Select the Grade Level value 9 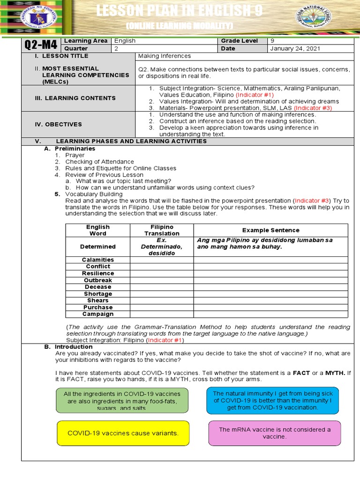[x=273, y=41]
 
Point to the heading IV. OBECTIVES [x=60, y=124]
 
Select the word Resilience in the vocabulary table [x=98, y=273]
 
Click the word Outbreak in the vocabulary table [x=98, y=280]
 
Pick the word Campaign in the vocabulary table [x=98, y=314]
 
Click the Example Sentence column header [x=270, y=230]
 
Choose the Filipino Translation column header [x=162, y=230]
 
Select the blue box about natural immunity [x=272, y=401]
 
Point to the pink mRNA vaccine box [x=274, y=433]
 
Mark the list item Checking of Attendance [x=99, y=162]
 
